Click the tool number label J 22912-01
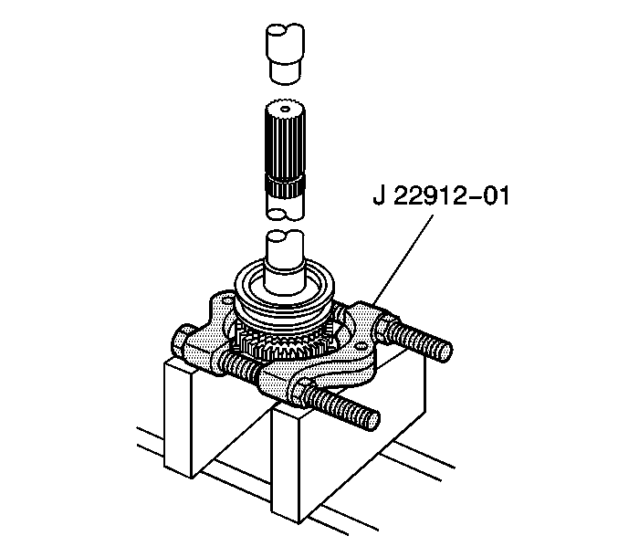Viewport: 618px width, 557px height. [x=441, y=196]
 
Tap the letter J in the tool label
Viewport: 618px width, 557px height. [x=379, y=196]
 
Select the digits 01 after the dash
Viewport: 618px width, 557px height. [x=496, y=196]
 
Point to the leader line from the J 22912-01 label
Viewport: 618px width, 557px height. [x=403, y=258]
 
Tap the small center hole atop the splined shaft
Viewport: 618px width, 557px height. [x=284, y=108]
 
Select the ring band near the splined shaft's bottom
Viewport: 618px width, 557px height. [x=284, y=184]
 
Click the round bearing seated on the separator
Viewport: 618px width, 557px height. [x=285, y=296]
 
